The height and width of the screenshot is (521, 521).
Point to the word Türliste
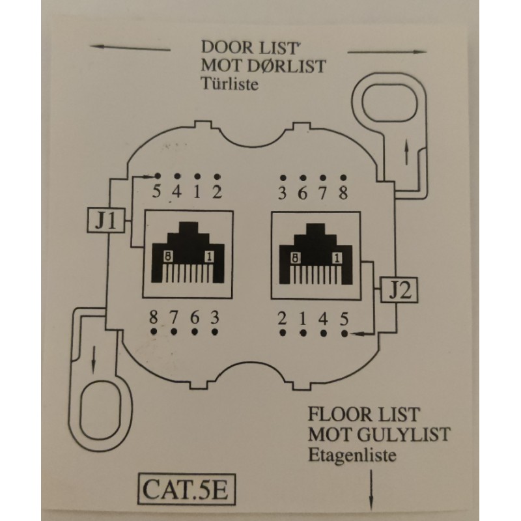click(x=230, y=83)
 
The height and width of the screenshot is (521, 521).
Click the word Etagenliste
click(x=351, y=455)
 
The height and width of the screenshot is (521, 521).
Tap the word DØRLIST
click(x=283, y=66)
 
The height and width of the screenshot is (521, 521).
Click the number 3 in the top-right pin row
click(x=282, y=193)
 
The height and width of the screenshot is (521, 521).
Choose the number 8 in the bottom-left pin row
click(x=153, y=318)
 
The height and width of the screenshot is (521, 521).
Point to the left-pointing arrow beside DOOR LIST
click(x=130, y=48)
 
